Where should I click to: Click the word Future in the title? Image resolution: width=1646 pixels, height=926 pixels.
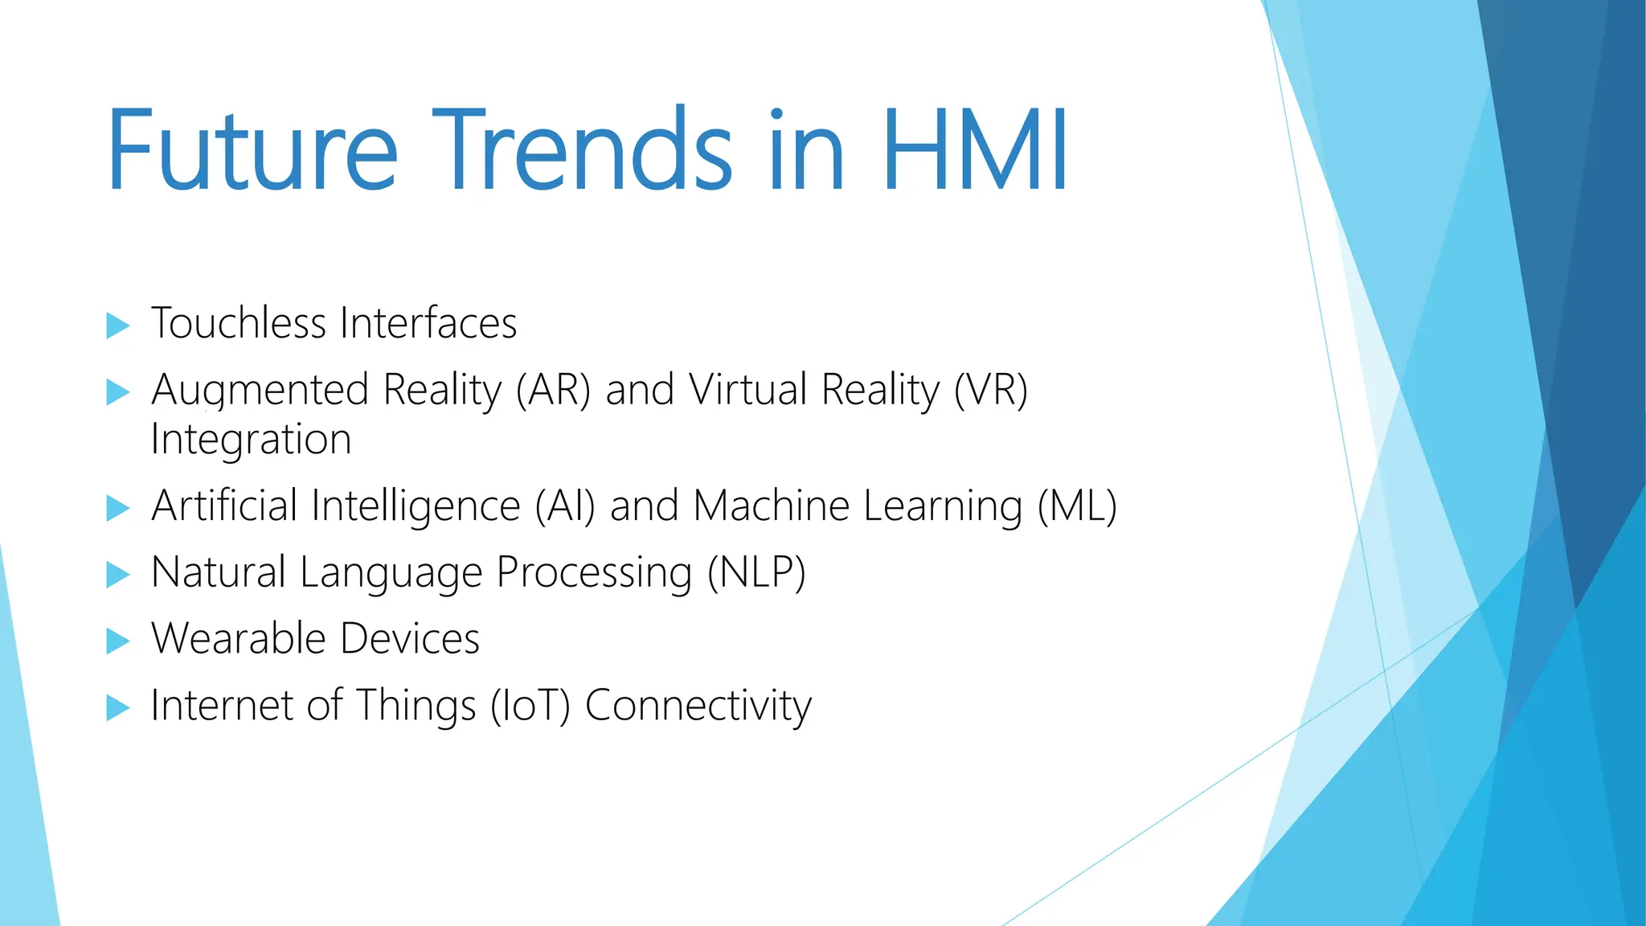[252, 150]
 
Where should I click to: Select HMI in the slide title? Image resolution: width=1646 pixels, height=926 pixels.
[975, 150]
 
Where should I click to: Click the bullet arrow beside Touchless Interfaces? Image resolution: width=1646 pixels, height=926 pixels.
[117, 326]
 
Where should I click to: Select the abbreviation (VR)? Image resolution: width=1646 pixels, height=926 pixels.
[990, 390]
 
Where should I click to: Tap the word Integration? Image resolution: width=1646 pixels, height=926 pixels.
[251, 440]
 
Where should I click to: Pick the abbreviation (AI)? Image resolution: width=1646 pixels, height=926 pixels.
[566, 506]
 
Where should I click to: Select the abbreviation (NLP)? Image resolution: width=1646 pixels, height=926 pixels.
[756, 573]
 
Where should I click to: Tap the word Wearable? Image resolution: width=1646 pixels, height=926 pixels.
[237, 639]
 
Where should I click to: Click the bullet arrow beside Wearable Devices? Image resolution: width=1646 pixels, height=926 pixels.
[117, 641]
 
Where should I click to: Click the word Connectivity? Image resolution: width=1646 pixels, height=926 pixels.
[698, 706]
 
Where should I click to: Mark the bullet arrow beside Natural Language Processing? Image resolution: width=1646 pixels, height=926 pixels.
[117, 574]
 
